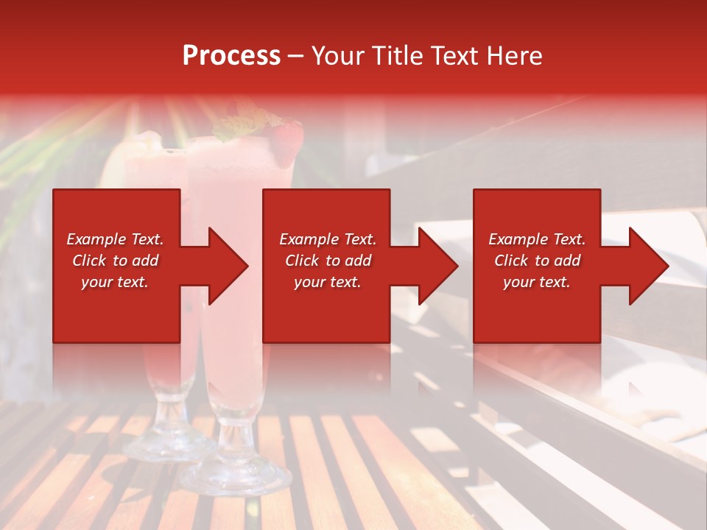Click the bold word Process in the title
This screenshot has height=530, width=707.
click(231, 56)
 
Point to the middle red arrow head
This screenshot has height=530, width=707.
click(436, 266)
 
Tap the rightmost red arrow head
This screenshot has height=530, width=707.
click(647, 266)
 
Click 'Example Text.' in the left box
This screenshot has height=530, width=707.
click(115, 239)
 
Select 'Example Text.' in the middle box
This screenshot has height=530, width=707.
click(328, 239)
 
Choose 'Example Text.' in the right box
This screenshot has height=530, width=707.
click(537, 239)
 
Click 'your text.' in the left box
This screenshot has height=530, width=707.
click(115, 282)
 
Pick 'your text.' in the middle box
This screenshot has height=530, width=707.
click(328, 282)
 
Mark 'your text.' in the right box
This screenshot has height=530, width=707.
click(537, 282)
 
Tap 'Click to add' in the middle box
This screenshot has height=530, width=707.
click(328, 261)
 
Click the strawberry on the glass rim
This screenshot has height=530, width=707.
click(287, 140)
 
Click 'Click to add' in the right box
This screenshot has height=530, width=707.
click(537, 261)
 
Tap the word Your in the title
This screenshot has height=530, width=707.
click(339, 56)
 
